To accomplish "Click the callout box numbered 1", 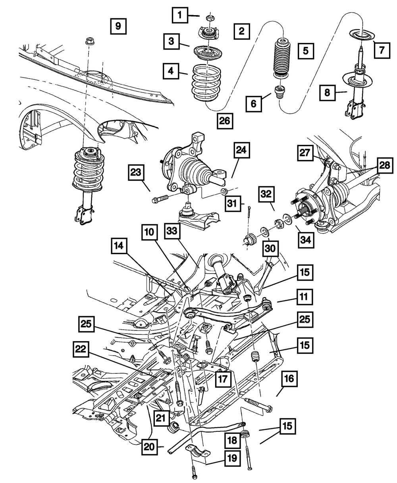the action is click(x=180, y=15).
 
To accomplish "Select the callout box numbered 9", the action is click(x=118, y=26).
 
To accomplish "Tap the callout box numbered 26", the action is click(x=225, y=121).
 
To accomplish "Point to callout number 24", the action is click(x=242, y=150).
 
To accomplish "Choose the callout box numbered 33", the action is click(x=172, y=231).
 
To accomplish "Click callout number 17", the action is click(x=223, y=379).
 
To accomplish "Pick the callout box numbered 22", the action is click(x=81, y=349).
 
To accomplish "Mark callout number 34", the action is click(x=306, y=240).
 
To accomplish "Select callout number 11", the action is click(x=305, y=297).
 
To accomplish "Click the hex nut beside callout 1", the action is click(x=210, y=18).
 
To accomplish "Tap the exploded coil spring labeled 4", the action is click(x=206, y=83).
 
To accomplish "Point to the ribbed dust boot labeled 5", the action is click(x=283, y=58).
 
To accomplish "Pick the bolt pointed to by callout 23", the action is click(x=160, y=199).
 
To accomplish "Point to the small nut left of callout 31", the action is click(x=224, y=191).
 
